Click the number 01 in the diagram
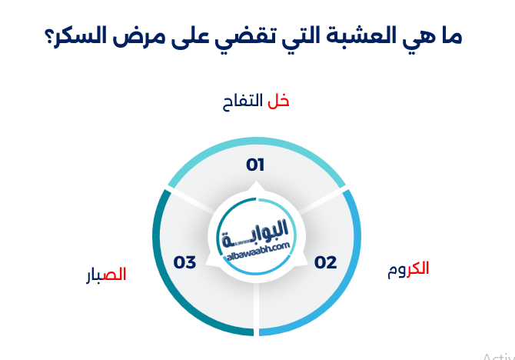255,165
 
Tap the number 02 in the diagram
326,262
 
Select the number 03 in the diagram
185,262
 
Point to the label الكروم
408,269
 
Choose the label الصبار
106,275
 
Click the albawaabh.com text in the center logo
256,244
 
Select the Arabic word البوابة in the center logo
257,228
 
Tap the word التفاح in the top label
241,101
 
